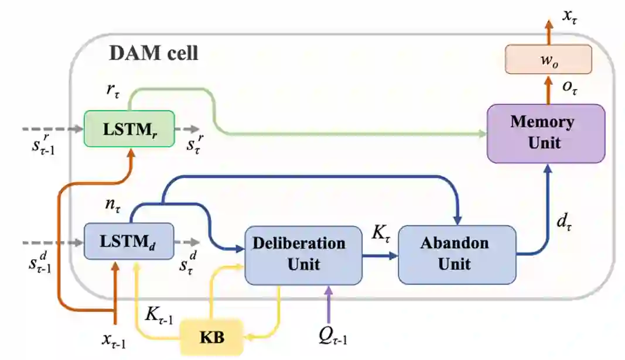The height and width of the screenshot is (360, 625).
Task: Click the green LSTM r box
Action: (x=129, y=128)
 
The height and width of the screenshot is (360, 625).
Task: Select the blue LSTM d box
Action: (x=129, y=241)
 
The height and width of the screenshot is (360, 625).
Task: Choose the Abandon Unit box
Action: (x=457, y=253)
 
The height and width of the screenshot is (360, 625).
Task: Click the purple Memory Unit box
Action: (x=545, y=133)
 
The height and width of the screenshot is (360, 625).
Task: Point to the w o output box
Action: (x=548, y=60)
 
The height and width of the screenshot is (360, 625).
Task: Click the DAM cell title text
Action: (x=154, y=54)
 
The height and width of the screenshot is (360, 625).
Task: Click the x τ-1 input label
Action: (x=114, y=340)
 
